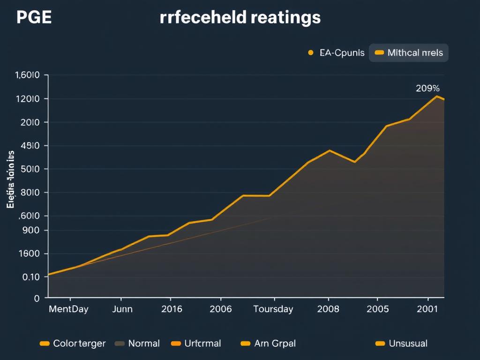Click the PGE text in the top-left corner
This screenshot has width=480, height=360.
pyautogui.click(x=33, y=18)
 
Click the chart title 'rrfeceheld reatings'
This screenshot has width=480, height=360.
pyautogui.click(x=240, y=18)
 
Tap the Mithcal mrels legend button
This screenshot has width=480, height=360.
pyautogui.click(x=409, y=53)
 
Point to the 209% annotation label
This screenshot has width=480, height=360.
pyautogui.click(x=427, y=88)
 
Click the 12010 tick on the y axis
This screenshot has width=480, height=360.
pyautogui.click(x=27, y=99)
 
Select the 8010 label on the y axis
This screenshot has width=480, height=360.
pyautogui.click(x=27, y=193)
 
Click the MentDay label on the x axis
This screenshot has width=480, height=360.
pyautogui.click(x=68, y=309)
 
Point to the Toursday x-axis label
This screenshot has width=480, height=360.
pyautogui.click(x=273, y=309)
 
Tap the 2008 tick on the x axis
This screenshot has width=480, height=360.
pyautogui.click(x=328, y=309)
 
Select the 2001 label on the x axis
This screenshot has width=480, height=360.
pyautogui.click(x=427, y=309)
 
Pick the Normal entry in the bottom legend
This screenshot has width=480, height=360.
pyautogui.click(x=138, y=344)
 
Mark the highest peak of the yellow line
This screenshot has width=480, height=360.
pyautogui.click(x=437, y=96)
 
